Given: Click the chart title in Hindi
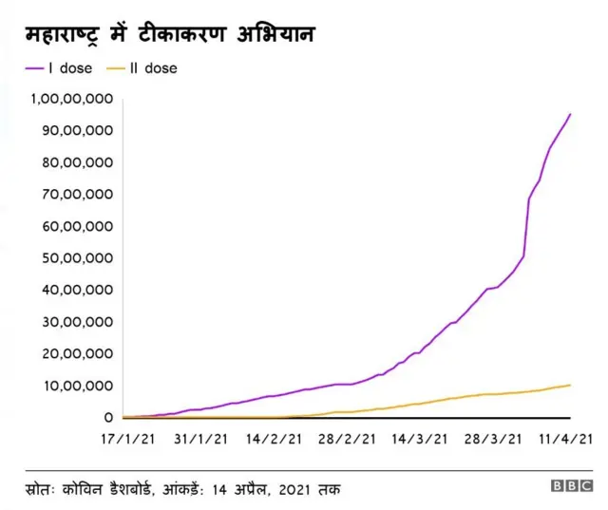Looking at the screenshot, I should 170,35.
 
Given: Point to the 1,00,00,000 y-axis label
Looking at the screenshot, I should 72,99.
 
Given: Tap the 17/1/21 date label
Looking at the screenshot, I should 123,439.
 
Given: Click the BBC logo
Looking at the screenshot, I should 572,486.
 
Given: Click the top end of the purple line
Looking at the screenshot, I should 570,115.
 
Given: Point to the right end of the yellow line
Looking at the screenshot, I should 570,385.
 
